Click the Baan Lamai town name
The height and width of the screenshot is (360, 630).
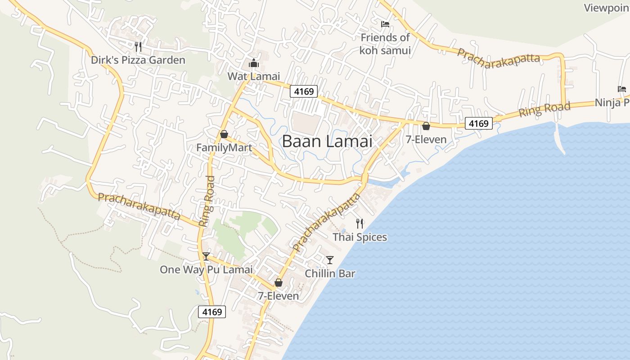pos(327,141)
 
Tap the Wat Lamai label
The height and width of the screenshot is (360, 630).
pos(253,76)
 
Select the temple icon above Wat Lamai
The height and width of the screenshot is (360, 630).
pos(254,63)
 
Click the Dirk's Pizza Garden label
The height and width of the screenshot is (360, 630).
pos(138,60)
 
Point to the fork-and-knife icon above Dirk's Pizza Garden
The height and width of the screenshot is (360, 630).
pos(138,46)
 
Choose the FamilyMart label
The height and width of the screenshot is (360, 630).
pos(224,148)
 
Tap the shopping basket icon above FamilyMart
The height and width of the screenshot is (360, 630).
pos(224,134)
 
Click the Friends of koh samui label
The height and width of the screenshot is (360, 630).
pos(385,44)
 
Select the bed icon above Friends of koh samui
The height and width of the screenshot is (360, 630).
pos(385,24)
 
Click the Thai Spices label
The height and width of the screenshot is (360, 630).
pos(360,237)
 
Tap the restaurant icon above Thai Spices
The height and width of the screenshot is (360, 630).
pos(359,223)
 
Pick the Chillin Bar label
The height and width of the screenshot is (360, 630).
pos(330,273)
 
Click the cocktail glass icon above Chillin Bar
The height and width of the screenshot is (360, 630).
pos(330,260)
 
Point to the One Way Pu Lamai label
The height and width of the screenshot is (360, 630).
pos(206,270)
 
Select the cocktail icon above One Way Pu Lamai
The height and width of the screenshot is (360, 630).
pos(206,256)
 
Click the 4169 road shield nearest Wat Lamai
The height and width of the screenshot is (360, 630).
pos(304,91)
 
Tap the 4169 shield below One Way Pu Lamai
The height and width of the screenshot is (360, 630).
pos(211,311)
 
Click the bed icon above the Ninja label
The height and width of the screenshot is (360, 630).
pos(622,89)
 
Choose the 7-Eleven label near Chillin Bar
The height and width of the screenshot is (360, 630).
pos(278,296)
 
